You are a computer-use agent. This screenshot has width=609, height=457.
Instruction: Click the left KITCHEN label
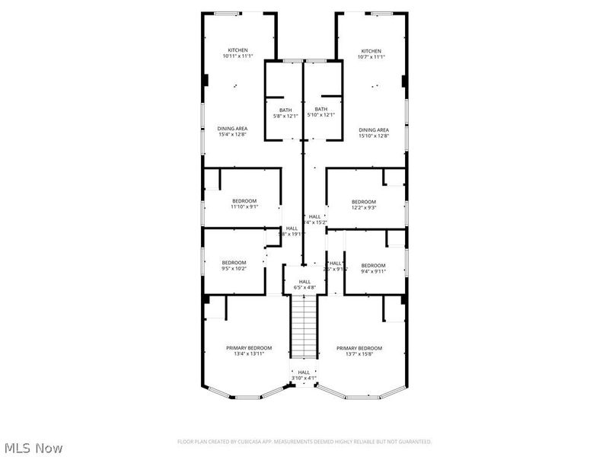(238, 50)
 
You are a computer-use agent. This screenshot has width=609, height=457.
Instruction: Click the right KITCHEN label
(371, 50)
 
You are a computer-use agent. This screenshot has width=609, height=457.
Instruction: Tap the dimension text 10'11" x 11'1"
(238, 57)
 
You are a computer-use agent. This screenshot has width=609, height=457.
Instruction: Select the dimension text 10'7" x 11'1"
(371, 57)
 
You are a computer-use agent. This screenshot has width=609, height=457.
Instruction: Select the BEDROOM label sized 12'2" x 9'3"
(364, 202)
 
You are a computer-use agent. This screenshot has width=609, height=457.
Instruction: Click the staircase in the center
(304, 326)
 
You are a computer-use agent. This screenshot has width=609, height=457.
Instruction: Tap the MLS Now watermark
(33, 449)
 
